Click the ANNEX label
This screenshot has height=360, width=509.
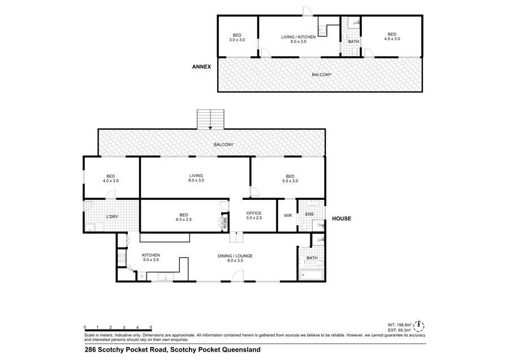tap(201, 67)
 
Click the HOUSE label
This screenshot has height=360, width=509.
tap(342, 218)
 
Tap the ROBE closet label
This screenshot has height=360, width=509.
tap(225, 222)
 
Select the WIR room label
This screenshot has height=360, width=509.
tap(288, 216)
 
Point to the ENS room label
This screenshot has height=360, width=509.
tap(309, 214)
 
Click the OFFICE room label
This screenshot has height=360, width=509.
tap(254, 213)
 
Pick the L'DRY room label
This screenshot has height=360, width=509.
tap(113, 216)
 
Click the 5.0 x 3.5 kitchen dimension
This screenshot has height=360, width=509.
tap(151, 260)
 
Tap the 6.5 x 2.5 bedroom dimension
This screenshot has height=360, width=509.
tap(184, 219)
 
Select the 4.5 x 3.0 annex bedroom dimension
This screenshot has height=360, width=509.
tap(392, 38)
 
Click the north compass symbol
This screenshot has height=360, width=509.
tap(420, 325)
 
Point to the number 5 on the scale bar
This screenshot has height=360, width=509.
tap(151, 327)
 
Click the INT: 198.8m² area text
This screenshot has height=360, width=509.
tap(400, 324)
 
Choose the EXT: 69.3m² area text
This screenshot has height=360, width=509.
tap(399, 330)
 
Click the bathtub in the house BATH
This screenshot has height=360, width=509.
tap(311, 275)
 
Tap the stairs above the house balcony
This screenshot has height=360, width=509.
tap(211, 119)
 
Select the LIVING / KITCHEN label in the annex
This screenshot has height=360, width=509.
tap(298, 37)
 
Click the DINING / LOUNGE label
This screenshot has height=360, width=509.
tap(235, 256)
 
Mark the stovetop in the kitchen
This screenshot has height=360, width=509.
tap(122, 258)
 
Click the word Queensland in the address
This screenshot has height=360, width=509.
tap(241, 350)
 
